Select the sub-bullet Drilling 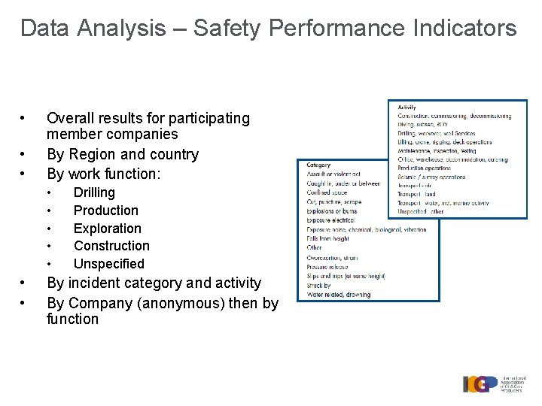pyautogui.click(x=94, y=193)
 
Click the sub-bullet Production pyautogui.click(x=106, y=211)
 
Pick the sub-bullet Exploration pyautogui.click(x=108, y=229)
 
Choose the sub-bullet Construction pyautogui.click(x=111, y=246)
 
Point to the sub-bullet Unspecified pyautogui.click(x=109, y=264)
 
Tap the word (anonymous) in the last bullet pyautogui.click(x=184, y=303)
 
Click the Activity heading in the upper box pyautogui.click(x=407, y=108)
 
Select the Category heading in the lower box pyautogui.click(x=318, y=165)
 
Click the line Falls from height pyautogui.click(x=328, y=239)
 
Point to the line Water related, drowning pyautogui.click(x=338, y=294)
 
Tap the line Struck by pyautogui.click(x=319, y=285)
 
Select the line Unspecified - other pyautogui.click(x=421, y=212)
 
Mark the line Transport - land pyautogui.click(x=416, y=194)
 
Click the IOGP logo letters pyautogui.click(x=480, y=383)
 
